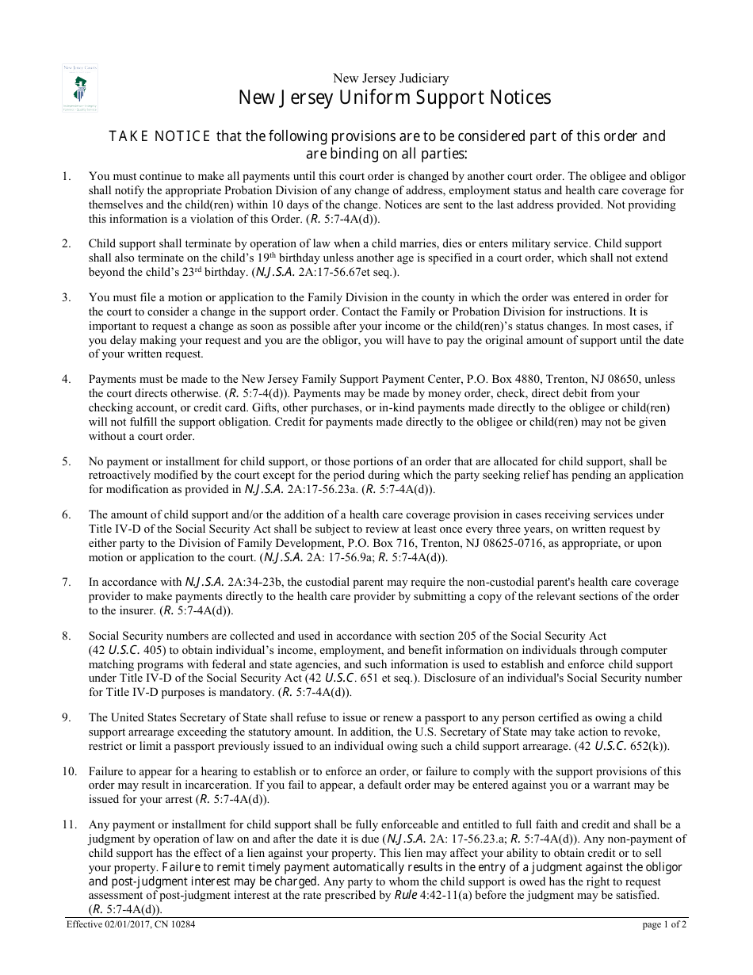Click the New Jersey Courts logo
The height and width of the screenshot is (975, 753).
point(80,88)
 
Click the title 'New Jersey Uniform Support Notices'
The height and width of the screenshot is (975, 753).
point(395,98)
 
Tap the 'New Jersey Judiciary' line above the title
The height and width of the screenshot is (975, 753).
point(391,78)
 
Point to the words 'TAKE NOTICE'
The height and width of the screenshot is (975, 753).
point(159,136)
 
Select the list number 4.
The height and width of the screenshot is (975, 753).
point(67,379)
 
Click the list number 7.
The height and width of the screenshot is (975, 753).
point(67,583)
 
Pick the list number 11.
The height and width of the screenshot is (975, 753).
point(69,824)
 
